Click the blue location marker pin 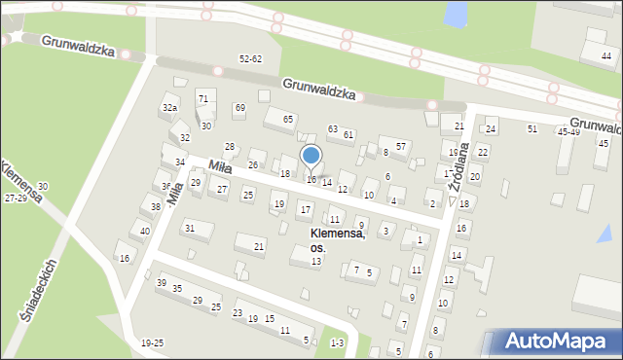click(311, 156)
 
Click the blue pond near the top click(455, 14)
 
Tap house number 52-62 click(251, 59)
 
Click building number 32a click(170, 107)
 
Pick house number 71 click(202, 98)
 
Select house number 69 click(239, 107)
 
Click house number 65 click(288, 119)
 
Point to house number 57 click(400, 145)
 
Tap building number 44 click(606, 56)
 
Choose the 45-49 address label click(568, 131)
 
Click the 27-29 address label click(16, 198)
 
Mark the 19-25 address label click(152, 342)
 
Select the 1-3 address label click(337, 342)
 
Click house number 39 click(161, 282)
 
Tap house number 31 click(190, 228)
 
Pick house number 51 click(531, 128)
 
